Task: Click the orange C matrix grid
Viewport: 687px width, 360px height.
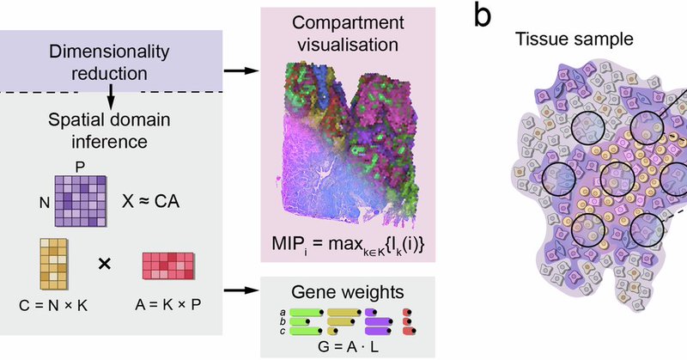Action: point(54,268)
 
